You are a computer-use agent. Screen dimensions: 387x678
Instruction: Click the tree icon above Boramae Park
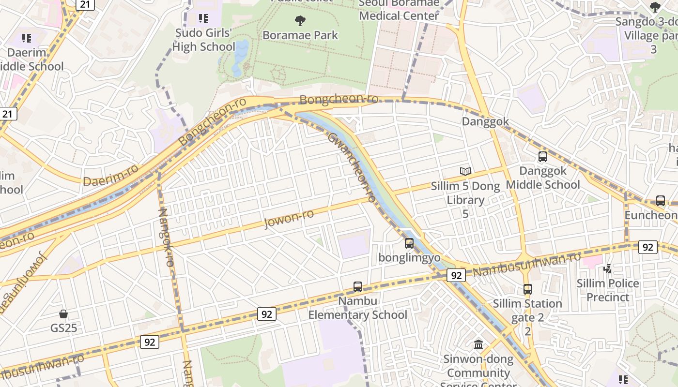tap(300, 20)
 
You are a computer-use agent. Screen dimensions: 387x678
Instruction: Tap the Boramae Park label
tap(300, 35)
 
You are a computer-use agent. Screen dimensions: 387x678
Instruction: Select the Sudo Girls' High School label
tap(204, 40)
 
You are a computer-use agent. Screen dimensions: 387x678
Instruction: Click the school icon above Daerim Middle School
tap(27, 38)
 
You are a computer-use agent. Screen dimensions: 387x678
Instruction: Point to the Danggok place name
tap(485, 121)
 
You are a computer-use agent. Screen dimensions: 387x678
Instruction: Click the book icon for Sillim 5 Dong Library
tap(465, 171)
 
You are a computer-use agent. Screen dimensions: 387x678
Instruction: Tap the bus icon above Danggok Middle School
tap(542, 157)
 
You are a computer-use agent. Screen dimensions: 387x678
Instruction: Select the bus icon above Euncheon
tap(660, 201)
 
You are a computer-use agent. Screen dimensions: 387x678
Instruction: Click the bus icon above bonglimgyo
tap(409, 243)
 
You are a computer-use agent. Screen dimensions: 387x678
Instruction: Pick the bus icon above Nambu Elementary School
tap(358, 287)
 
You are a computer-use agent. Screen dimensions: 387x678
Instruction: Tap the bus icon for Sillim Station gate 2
tap(528, 289)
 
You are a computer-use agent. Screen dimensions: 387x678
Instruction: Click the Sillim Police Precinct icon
tap(607, 268)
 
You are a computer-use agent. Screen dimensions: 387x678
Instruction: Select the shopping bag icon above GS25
tap(63, 314)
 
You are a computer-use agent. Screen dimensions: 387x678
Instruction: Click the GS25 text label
tap(63, 328)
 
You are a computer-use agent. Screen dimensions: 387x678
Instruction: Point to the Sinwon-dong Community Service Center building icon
tap(478, 345)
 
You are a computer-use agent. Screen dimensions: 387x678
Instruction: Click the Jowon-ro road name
tap(289, 219)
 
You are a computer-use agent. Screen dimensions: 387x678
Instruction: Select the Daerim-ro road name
tap(110, 175)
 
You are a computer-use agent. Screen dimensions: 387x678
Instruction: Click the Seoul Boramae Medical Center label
tap(399, 10)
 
